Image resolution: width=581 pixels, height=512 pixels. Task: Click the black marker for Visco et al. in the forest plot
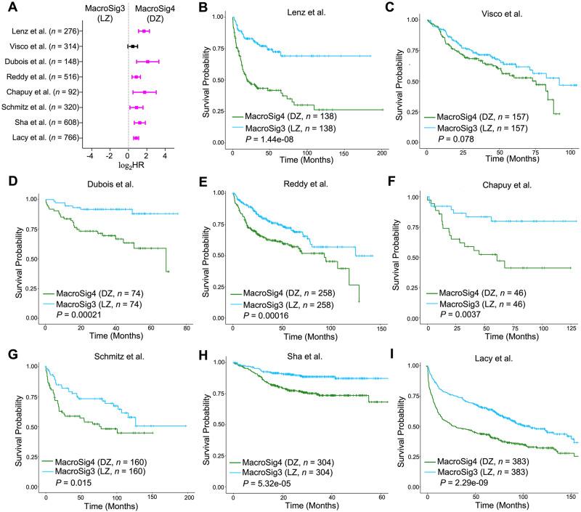(x=132, y=46)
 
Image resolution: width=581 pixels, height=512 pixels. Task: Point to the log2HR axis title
(x=127, y=166)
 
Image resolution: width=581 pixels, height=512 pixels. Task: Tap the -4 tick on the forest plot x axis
(x=90, y=155)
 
